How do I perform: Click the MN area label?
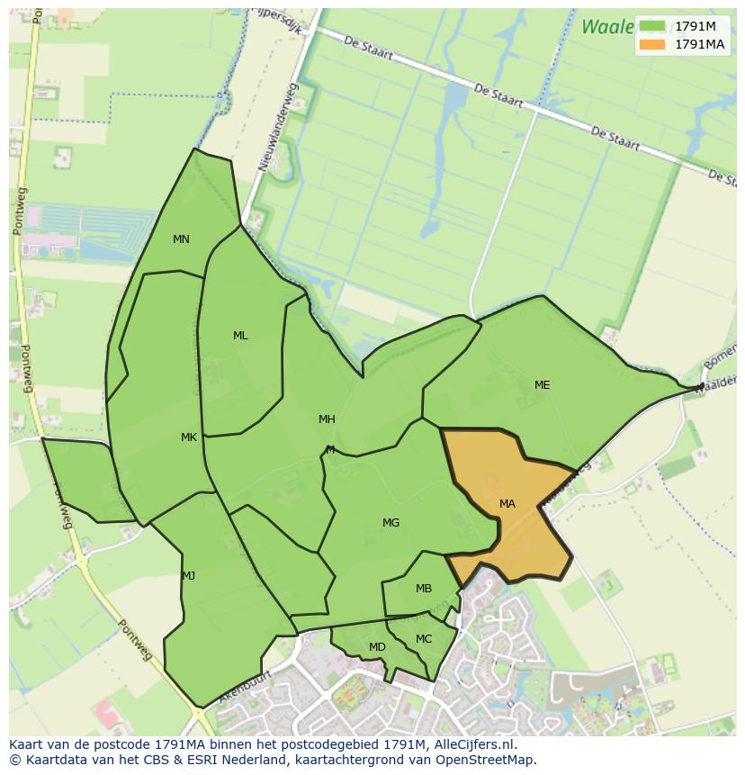pos(181,239)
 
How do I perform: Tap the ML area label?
pos(240,336)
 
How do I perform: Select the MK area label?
pos(188,437)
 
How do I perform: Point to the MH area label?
pos(327,419)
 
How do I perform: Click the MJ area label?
pos(188,576)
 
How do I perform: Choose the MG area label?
pos(390,523)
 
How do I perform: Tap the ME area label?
pos(542,385)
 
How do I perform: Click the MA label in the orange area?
pos(507,504)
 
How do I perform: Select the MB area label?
pos(424,589)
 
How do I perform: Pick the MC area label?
pos(424,639)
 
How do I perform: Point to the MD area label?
pos(377,647)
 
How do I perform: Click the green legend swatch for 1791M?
pos(652,26)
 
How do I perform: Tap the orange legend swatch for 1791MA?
pos(652,44)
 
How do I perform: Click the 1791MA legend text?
pos(699,44)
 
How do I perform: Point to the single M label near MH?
pos(330,450)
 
